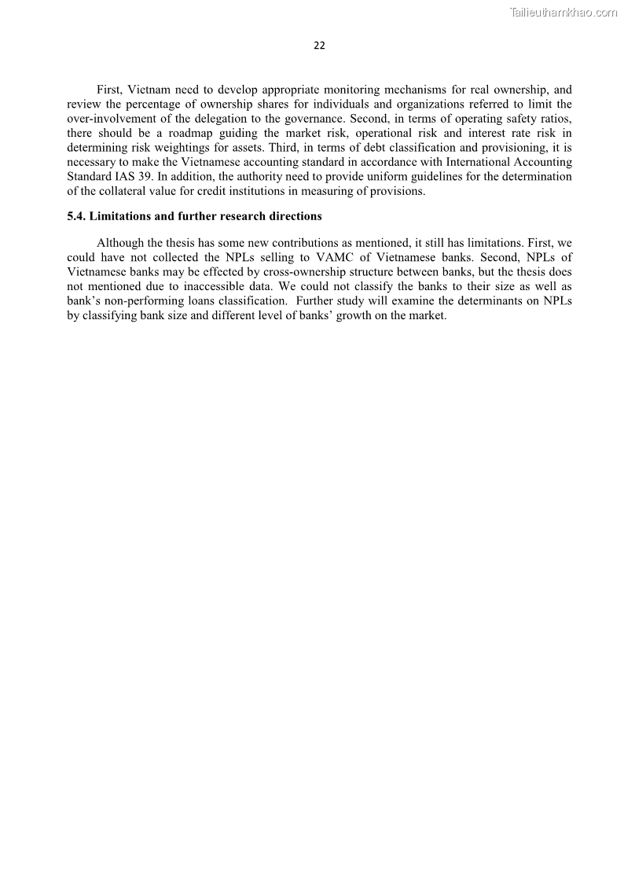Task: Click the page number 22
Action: point(319,46)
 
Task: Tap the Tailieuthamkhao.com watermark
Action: point(563,12)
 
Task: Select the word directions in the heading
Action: point(294,216)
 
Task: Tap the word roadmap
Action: point(191,134)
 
